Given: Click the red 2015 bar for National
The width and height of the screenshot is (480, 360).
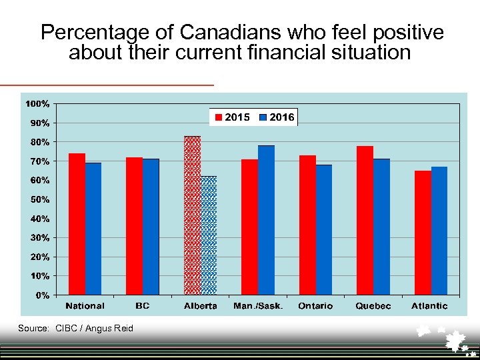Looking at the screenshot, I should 77,224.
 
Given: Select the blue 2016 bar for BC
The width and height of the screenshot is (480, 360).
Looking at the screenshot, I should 151,227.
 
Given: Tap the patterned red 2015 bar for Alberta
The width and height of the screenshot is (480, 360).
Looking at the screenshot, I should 192,215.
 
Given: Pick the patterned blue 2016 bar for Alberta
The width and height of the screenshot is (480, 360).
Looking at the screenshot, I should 209,235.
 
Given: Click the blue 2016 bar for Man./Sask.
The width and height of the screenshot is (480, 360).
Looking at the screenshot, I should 266,220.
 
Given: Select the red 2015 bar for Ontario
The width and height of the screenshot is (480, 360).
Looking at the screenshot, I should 307,225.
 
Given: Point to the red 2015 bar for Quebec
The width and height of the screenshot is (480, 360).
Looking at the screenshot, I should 365,220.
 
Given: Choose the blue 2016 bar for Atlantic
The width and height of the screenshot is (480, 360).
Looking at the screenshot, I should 439,231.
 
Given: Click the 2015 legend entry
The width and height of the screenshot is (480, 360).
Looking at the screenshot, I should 231,117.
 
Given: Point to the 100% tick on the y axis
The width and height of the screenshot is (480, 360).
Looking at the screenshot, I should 37,104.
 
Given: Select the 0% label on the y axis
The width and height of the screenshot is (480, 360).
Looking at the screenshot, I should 42,295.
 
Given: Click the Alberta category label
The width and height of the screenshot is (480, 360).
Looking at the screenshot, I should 200,306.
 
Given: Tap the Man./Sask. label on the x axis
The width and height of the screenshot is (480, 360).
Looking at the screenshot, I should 258,306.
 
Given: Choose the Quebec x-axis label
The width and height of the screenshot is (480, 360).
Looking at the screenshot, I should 373,306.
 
